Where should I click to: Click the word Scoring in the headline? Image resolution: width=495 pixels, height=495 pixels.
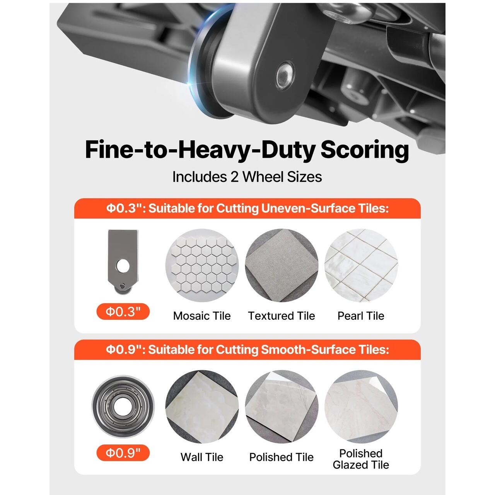click(x=365, y=150)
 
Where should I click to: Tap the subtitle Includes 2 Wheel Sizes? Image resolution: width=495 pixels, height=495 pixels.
click(x=247, y=177)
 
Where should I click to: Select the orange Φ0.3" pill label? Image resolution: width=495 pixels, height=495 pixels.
click(x=123, y=312)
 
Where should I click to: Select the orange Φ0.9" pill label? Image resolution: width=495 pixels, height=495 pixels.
click(x=123, y=452)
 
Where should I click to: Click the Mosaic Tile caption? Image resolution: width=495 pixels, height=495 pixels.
click(x=202, y=316)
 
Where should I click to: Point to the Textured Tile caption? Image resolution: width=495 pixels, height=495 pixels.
click(x=282, y=316)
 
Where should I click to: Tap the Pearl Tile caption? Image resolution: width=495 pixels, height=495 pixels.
click(x=361, y=316)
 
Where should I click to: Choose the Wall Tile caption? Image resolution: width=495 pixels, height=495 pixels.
click(x=202, y=457)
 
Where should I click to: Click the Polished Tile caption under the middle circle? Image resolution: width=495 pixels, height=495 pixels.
click(x=282, y=457)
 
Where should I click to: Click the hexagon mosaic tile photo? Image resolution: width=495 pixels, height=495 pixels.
click(x=202, y=265)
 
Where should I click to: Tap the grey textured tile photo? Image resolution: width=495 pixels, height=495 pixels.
click(x=282, y=265)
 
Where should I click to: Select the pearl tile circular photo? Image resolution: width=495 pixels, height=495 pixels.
click(x=361, y=265)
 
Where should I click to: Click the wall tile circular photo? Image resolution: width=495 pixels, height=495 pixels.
click(x=202, y=406)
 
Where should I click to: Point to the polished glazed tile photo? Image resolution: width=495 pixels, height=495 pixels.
click(x=361, y=406)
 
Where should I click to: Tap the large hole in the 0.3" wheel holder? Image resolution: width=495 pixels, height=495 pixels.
click(x=123, y=266)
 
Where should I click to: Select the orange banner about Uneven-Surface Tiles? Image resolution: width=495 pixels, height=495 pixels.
click(x=247, y=208)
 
